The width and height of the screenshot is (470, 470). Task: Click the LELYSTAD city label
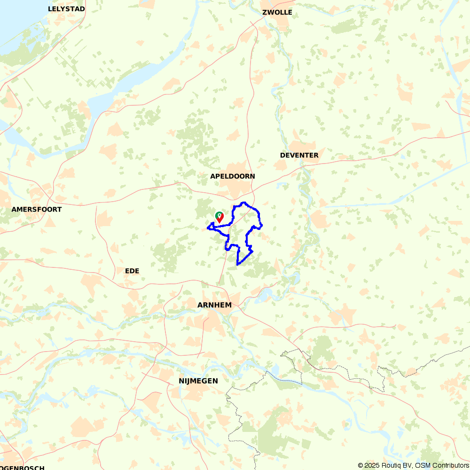(x=66, y=9)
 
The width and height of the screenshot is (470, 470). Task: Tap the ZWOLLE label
(x=277, y=12)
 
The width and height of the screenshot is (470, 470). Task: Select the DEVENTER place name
(x=299, y=155)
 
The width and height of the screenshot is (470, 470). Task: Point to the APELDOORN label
(x=233, y=176)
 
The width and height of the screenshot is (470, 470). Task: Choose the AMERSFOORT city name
(x=37, y=209)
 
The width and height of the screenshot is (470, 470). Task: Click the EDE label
(x=132, y=271)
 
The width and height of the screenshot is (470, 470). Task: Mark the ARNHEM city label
(x=214, y=305)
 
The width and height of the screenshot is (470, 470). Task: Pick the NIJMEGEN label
(x=198, y=381)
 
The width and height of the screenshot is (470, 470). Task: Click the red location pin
(x=219, y=218)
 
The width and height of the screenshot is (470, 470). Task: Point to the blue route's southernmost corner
(x=237, y=264)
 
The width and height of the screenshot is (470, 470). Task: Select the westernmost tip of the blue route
(x=207, y=229)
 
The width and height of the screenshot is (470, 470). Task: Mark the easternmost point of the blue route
(x=262, y=226)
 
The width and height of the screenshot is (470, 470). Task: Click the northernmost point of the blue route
(x=243, y=203)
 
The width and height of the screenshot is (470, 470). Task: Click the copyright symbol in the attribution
(x=360, y=465)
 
